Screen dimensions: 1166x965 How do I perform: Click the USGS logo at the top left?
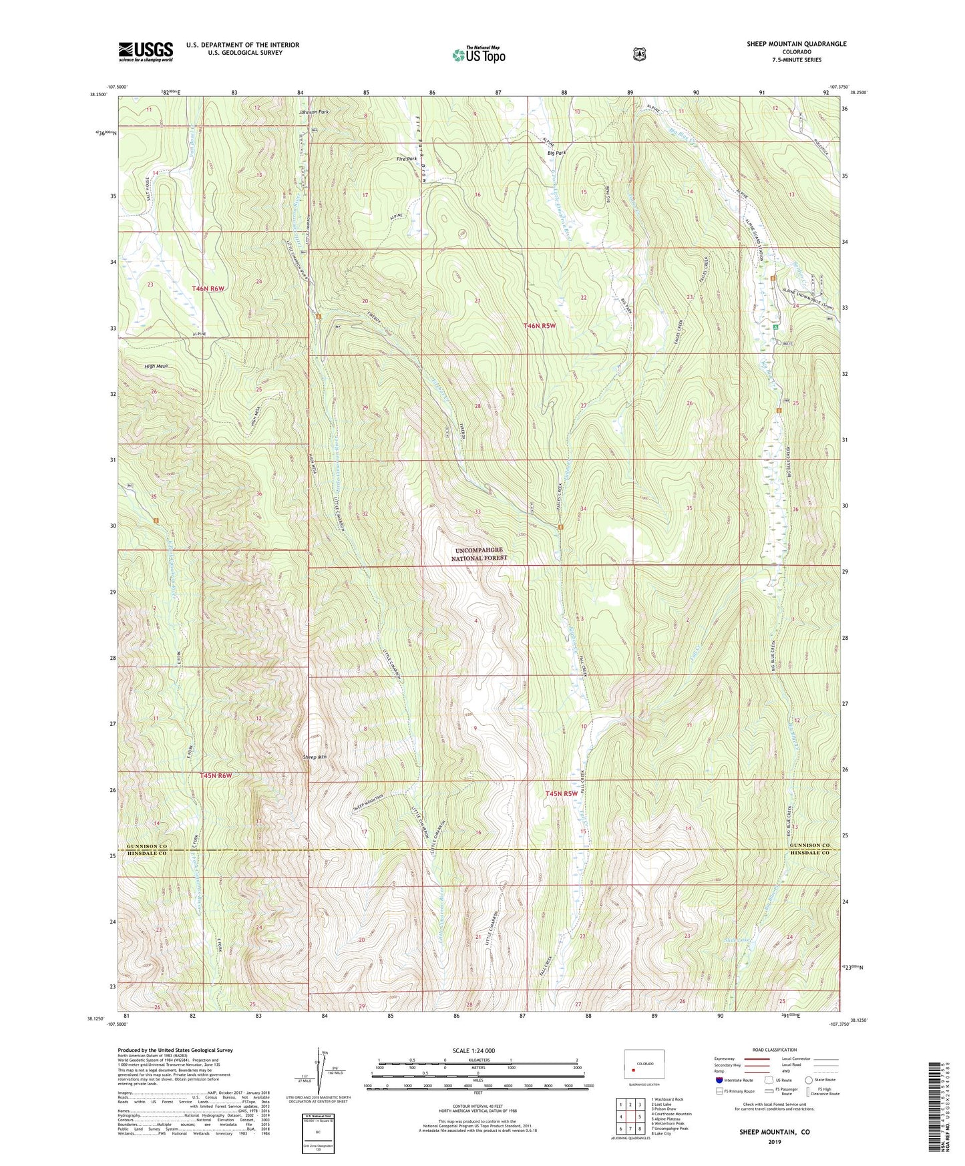146,51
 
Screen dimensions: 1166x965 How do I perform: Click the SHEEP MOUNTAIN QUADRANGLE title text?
796,44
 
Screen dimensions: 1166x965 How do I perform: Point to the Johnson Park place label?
314,112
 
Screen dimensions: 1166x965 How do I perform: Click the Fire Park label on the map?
406,159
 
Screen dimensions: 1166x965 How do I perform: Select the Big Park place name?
556,153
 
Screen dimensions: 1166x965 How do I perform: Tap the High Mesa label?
156,367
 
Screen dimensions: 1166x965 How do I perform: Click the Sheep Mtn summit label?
315,757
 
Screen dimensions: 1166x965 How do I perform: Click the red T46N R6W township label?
208,288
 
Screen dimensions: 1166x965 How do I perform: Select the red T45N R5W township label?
560,794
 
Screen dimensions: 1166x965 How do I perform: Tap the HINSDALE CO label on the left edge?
143,853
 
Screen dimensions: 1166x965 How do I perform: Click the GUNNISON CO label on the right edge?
808,845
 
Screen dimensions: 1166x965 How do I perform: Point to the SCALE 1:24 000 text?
473,1050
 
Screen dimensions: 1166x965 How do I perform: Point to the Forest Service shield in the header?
639,55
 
